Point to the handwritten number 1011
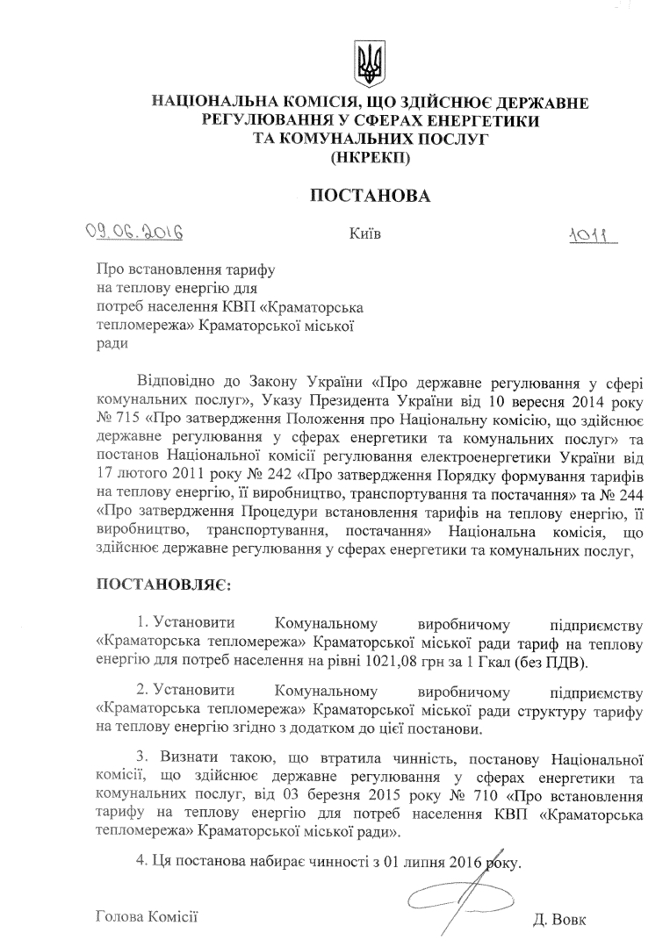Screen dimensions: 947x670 tap(594, 237)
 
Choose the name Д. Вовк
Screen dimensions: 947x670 tap(558, 921)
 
